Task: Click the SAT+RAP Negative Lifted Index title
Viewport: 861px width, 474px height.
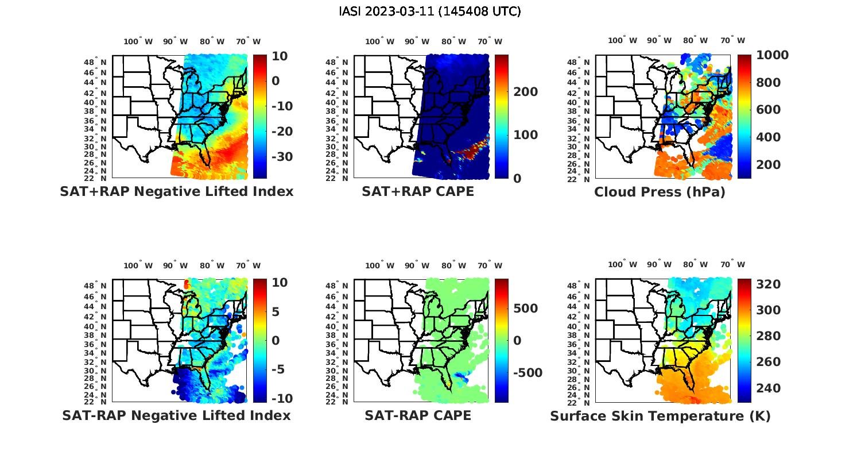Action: click(176, 191)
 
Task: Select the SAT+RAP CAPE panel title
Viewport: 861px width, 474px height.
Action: click(418, 191)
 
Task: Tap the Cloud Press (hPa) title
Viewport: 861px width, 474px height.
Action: click(660, 192)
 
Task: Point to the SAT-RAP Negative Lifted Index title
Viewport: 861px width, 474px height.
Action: click(176, 415)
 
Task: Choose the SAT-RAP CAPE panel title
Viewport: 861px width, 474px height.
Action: click(418, 415)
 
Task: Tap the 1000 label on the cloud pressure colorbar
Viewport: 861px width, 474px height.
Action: click(772, 55)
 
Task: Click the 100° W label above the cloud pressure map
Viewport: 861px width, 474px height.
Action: click(623, 40)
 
